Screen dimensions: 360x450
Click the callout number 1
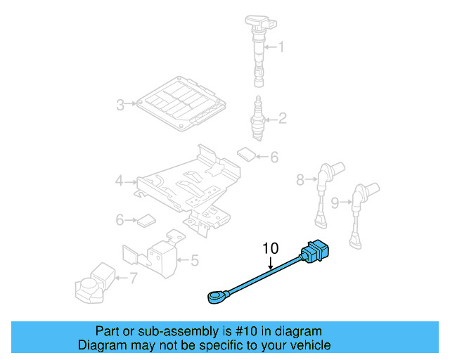tap(281, 48)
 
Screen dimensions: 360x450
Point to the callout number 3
tap(120, 105)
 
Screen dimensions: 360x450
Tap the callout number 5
tap(194, 261)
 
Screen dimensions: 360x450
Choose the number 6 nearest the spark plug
tap(274, 157)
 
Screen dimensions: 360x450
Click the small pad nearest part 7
tap(146, 220)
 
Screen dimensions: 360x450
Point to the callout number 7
tap(134, 278)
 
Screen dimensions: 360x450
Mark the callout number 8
tap(300, 180)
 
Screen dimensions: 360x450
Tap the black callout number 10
tap(271, 248)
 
